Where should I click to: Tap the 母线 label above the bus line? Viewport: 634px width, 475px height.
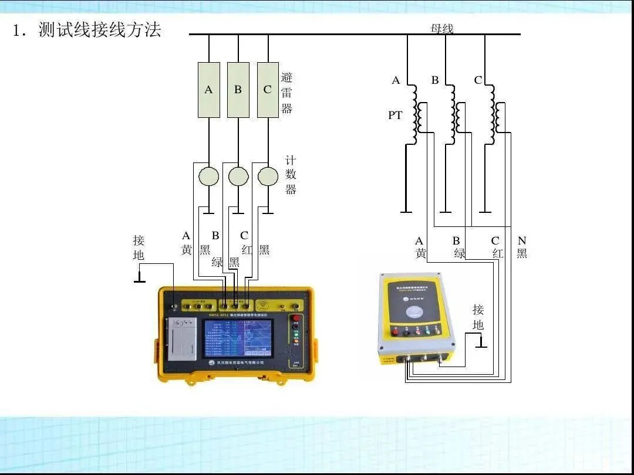click(441, 28)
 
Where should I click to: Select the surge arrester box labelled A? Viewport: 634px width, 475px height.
click(208, 90)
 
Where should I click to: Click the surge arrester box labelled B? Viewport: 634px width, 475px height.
click(238, 90)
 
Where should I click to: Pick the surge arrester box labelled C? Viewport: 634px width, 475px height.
click(268, 90)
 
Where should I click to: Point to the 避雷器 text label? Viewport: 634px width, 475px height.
click(286, 93)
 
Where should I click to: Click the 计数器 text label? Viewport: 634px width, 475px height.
click(291, 175)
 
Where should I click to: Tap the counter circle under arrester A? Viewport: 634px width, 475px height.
click(208, 176)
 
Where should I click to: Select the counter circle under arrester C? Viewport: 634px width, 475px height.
click(268, 176)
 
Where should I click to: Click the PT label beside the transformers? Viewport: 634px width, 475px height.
click(395, 116)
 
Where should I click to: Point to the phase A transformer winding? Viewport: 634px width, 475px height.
click(416, 114)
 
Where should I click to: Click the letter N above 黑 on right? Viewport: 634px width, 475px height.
click(522, 240)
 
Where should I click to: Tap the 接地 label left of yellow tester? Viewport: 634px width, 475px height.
click(139, 247)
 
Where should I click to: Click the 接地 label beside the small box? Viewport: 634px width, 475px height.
click(478, 317)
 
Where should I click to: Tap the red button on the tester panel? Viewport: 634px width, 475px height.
click(296, 318)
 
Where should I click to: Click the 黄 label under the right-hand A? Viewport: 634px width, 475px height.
click(420, 253)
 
